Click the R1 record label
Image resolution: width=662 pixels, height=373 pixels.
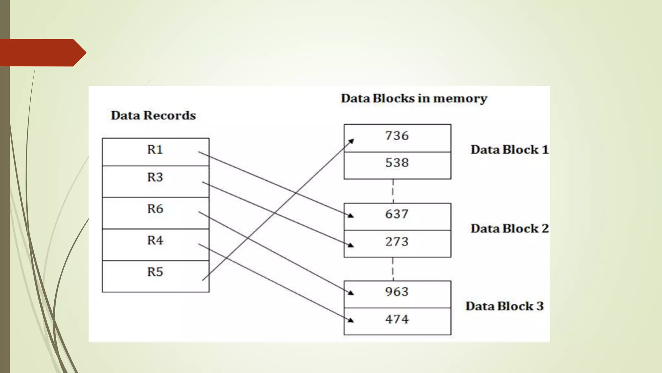(155, 150)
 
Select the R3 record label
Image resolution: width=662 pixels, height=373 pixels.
(155, 177)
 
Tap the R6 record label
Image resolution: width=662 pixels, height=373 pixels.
(155, 209)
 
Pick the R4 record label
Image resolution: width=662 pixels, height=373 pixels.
(155, 240)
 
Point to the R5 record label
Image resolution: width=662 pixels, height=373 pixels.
(155, 272)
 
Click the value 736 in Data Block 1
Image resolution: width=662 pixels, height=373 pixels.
(397, 136)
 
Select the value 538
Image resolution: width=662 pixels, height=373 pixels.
(397, 163)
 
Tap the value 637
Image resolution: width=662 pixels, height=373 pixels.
(397, 214)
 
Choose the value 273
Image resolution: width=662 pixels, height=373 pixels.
(397, 242)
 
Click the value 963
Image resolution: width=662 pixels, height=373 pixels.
(397, 292)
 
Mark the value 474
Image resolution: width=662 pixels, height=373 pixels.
(397, 319)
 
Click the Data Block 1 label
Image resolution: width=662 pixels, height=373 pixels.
(509, 150)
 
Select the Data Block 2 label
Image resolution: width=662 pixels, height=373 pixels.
(509, 229)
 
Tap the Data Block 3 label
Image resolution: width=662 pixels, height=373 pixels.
(505, 306)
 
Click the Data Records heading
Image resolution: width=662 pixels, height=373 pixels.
(153, 116)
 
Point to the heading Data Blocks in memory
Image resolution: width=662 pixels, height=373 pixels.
(414, 98)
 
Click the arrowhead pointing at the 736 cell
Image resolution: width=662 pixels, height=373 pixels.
(351, 141)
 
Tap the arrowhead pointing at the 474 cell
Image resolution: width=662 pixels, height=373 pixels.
(351, 320)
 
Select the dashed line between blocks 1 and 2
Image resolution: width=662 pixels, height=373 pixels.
(393, 191)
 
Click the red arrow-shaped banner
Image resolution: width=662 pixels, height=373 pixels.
(42, 53)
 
